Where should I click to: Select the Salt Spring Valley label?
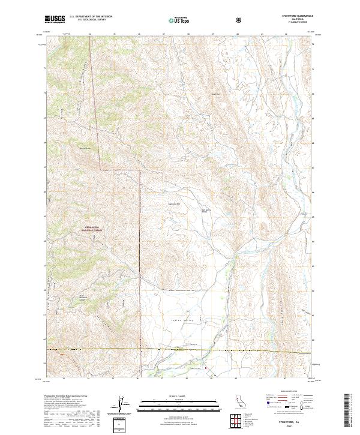[205, 211]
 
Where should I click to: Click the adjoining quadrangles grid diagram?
[236, 422]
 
